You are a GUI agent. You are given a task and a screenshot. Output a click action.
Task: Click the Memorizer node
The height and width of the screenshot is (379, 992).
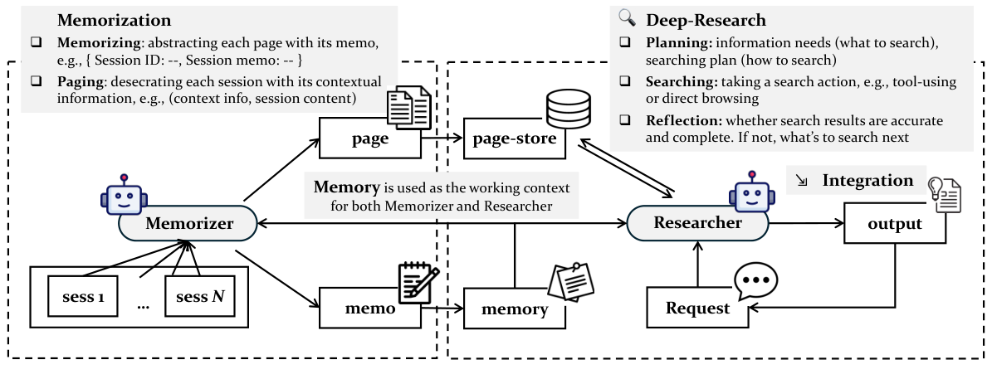pos(188,222)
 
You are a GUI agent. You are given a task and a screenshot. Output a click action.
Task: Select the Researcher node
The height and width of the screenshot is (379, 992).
pos(697,222)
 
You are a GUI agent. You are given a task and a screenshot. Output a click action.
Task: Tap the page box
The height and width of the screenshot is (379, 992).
pos(369,139)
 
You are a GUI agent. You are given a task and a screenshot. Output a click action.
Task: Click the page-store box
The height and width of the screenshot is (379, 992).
pos(515,139)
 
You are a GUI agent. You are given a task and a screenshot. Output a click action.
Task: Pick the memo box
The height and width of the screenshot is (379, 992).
pos(369,309)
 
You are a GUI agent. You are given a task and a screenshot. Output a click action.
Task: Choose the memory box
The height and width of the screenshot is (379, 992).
pos(515,309)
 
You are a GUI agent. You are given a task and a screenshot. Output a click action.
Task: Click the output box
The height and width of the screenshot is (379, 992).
pos(895,224)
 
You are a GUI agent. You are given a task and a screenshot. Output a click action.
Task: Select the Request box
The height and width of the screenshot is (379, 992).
pos(697,309)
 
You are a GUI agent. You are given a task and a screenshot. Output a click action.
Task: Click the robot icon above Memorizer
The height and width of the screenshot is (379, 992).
pos(124,196)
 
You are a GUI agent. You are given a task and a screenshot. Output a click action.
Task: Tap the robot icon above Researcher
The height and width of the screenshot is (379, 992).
pos(750,194)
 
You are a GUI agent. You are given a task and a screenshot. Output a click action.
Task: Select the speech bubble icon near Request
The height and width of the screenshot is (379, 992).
pos(755,282)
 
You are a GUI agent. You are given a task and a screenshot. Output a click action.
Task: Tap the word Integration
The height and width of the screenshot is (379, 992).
pos(867,180)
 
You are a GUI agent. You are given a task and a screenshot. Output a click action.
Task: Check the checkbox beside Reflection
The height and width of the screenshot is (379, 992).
pos(628,121)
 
